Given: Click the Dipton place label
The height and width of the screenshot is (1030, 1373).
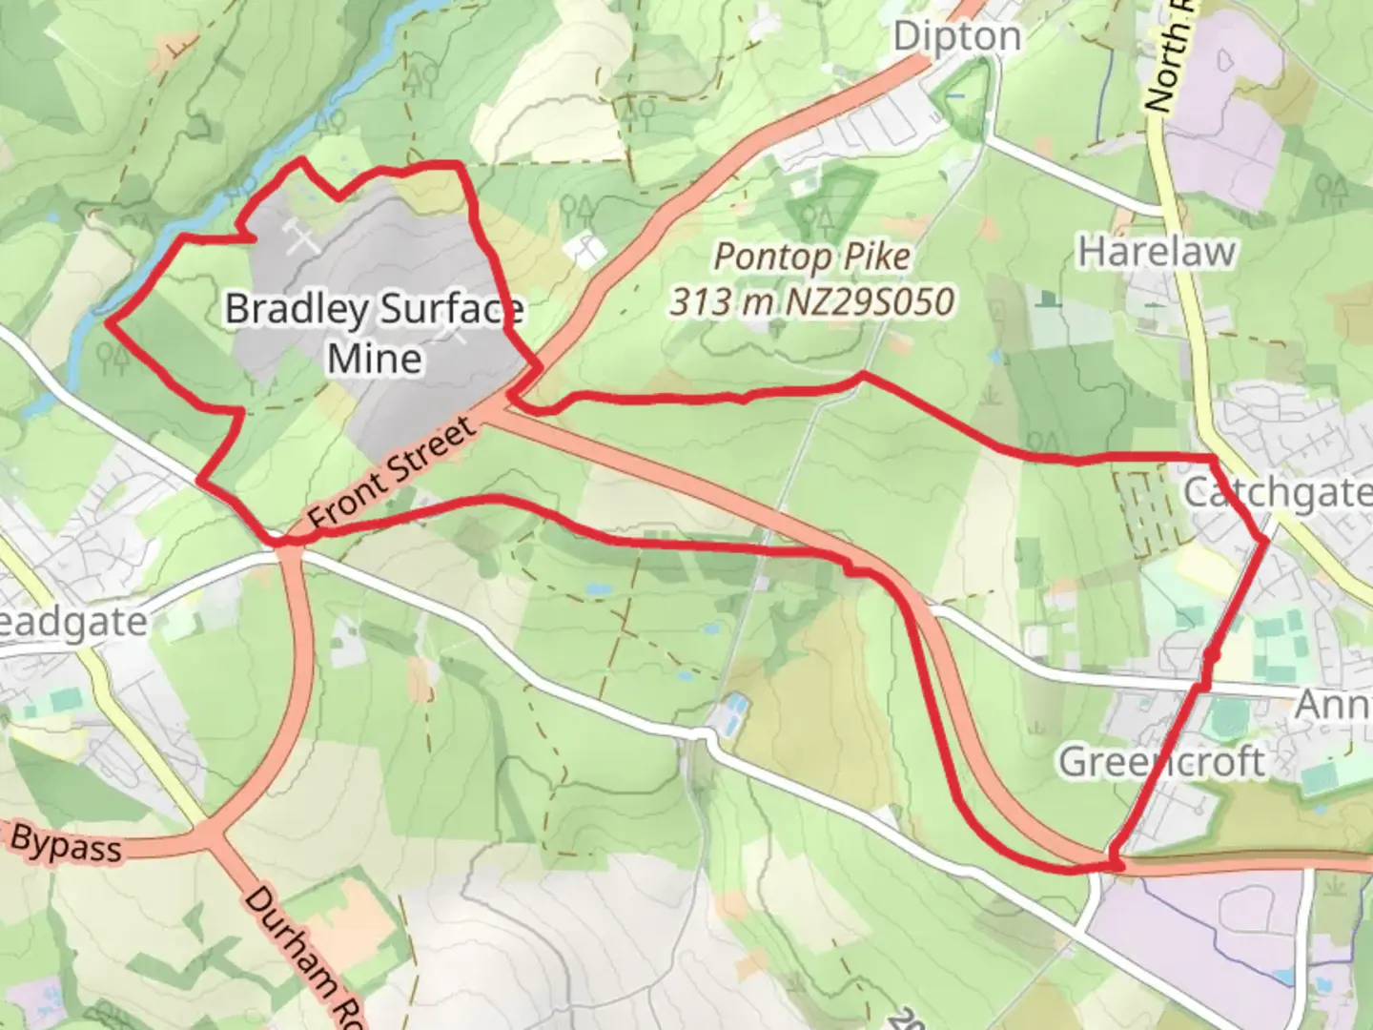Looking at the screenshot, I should (956, 37).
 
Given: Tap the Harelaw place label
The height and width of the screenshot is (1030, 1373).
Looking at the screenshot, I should (1157, 253).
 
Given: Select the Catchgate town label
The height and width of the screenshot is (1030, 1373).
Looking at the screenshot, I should (1277, 492).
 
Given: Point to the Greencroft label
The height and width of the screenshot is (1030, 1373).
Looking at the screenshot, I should (1161, 762).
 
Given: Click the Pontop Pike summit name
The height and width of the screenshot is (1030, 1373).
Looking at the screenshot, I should (812, 257).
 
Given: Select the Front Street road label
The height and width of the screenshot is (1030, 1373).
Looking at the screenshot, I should (392, 474).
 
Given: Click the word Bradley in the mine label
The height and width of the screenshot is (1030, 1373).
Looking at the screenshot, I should (297, 309).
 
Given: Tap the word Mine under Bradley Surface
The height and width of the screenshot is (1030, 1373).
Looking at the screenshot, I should (375, 360).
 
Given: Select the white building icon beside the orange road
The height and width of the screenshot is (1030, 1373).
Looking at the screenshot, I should (584, 250).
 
